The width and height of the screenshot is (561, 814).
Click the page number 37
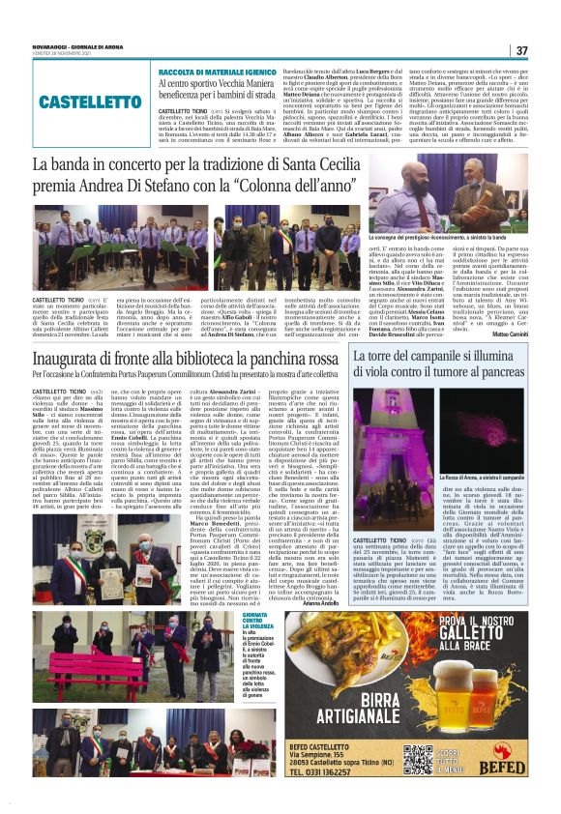point(521,50)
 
